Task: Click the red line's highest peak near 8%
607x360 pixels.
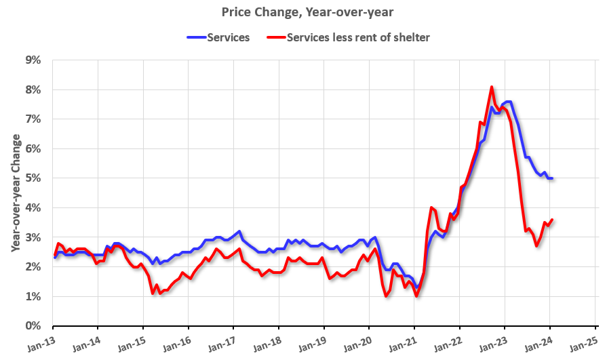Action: tap(492, 87)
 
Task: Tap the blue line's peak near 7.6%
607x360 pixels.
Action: tap(509, 102)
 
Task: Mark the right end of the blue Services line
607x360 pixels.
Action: tap(552, 178)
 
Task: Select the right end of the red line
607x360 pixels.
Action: tap(552, 220)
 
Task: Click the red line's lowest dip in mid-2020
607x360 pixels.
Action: tap(386, 296)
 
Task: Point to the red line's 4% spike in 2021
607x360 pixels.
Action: tap(432, 207)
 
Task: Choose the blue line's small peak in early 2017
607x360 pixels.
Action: tap(239, 231)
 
